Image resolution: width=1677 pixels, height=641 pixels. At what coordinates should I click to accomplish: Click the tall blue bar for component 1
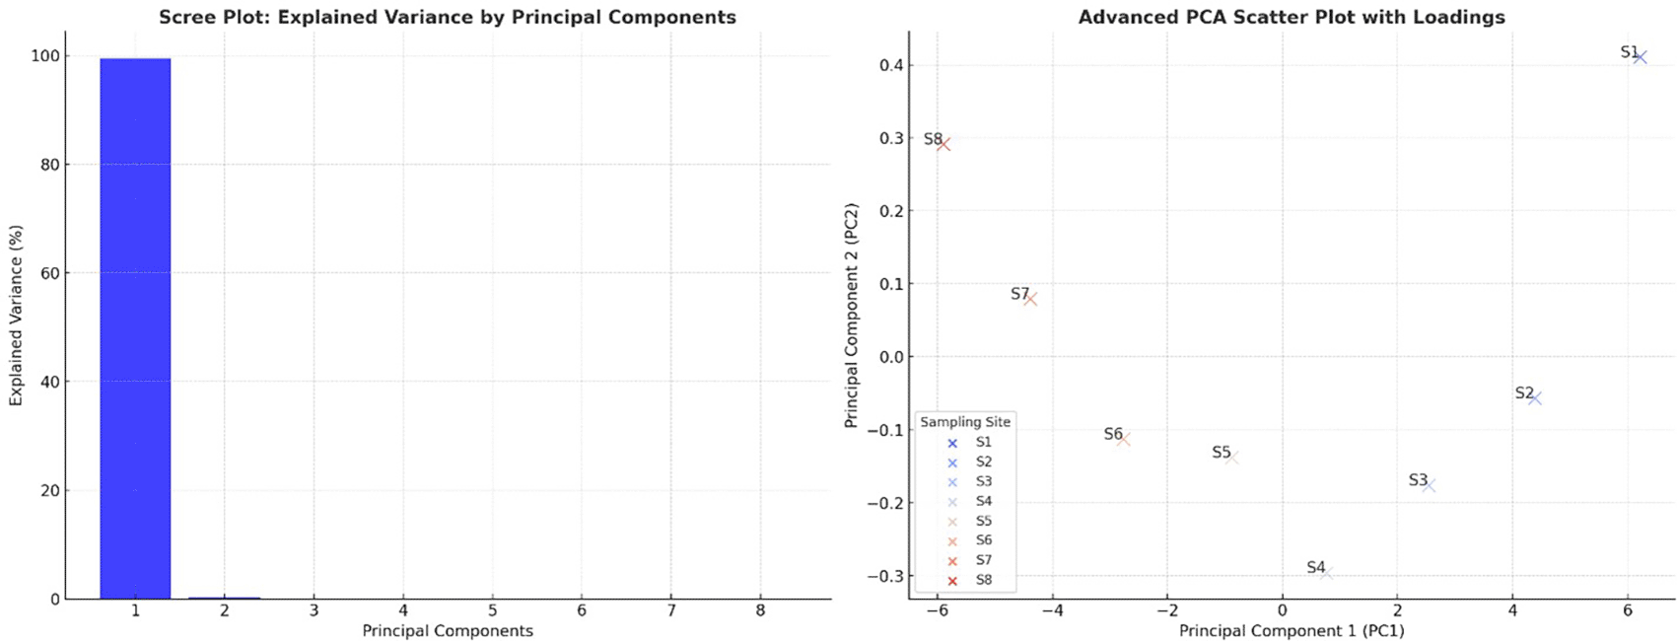pos(135,327)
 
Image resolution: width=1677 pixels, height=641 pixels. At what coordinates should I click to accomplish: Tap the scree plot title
pos(447,18)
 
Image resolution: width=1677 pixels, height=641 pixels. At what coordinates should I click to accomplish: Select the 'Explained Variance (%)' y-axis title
pos(16,316)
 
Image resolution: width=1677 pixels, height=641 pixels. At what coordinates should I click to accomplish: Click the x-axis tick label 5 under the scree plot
pos(492,611)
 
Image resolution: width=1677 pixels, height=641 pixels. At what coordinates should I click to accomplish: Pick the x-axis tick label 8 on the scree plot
pos(760,611)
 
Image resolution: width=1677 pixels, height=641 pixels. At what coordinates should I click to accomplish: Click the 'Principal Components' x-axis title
pos(447,631)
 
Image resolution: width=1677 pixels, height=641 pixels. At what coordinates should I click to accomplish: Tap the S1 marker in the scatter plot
pos(1640,57)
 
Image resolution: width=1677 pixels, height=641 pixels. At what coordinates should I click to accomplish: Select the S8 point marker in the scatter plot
pos(943,144)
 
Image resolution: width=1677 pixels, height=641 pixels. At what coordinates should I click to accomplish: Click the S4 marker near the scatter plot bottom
pos(1327,572)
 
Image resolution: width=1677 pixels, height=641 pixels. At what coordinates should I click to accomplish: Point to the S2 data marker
pos(1534,398)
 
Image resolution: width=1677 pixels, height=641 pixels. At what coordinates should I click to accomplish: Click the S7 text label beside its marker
pos(1019,294)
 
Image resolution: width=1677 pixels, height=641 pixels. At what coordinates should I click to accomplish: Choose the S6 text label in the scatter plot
pos(1113,434)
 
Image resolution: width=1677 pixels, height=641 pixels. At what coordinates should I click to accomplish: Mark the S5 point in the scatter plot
pos(1231,457)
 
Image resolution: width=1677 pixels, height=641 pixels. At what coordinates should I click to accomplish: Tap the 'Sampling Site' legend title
pos(965,422)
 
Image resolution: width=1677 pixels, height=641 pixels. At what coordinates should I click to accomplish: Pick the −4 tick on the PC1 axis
pos(1052,611)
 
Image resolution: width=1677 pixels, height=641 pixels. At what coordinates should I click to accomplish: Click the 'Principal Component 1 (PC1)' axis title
pos(1292,631)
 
